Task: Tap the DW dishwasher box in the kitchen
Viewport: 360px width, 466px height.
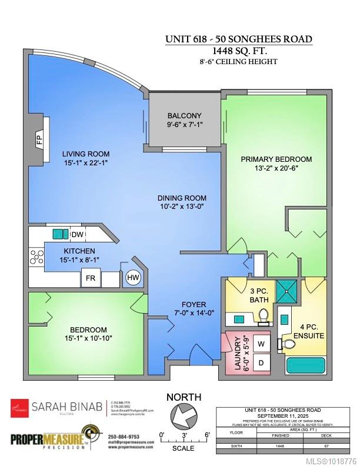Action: click(x=77, y=234)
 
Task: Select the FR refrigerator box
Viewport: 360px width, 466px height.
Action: click(x=91, y=278)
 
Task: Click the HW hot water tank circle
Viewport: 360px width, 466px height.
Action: click(x=132, y=278)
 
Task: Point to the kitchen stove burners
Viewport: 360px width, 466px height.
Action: click(x=37, y=257)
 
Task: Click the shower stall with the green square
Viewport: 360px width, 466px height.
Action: click(x=288, y=290)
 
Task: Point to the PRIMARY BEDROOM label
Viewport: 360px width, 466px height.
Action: click(x=276, y=159)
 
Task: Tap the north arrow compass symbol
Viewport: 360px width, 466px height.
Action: click(x=184, y=417)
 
